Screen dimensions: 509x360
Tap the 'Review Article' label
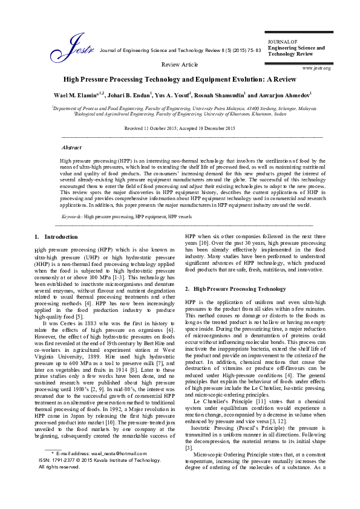[x=180, y=63]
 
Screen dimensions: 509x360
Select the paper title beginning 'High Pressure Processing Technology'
[x=180, y=79]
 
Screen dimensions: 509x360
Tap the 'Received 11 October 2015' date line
[x=180, y=129]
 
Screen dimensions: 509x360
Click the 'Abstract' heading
[x=72, y=147]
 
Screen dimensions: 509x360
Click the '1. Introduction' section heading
[x=56, y=236]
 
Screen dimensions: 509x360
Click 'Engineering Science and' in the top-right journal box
[x=296, y=47]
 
